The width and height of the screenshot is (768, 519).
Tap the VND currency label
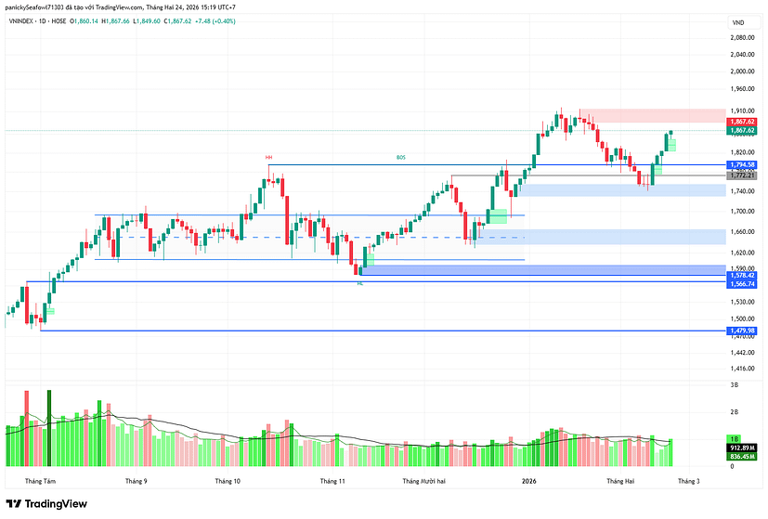pos(738,22)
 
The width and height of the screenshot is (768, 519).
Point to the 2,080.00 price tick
pos(741,38)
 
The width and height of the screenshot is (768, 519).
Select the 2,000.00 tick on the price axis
pos(741,71)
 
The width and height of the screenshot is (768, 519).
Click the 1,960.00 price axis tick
pos(741,90)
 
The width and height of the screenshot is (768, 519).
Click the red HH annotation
pos(268,158)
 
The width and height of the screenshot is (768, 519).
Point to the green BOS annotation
pos(401,158)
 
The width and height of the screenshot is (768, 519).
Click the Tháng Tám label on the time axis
pos(40,481)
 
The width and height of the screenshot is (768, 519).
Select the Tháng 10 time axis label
pos(228,481)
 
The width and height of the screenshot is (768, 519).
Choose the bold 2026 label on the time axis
pos(528,481)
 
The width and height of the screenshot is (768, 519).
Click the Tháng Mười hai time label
pos(424,481)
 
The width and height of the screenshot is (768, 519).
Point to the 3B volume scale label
pos(734,383)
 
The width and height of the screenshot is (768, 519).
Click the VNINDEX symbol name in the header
pos(24,22)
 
